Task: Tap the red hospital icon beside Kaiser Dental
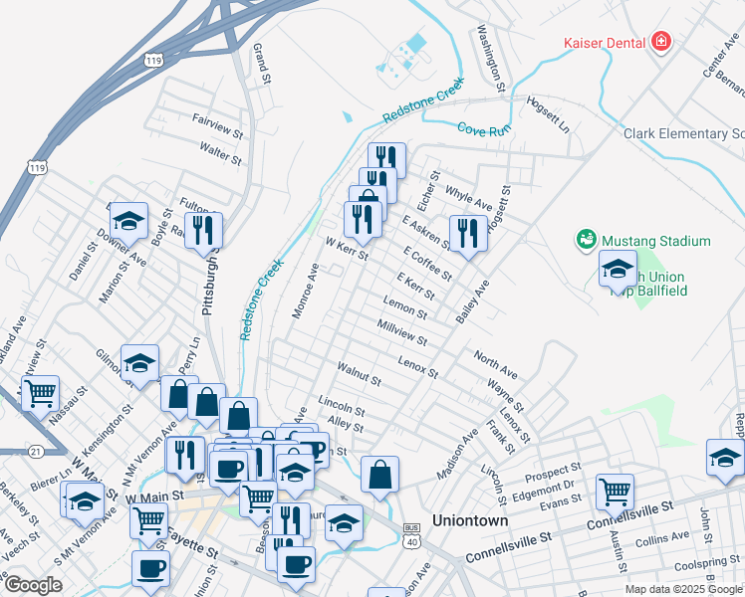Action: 661,42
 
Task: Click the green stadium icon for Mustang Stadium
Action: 585,240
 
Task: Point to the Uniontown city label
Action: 470,519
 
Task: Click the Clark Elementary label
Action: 683,133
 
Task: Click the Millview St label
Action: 402,332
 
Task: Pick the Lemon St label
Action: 404,306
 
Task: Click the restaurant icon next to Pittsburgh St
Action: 203,232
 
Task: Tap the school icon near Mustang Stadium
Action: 618,269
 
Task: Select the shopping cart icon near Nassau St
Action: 40,394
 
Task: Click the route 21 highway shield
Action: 37,451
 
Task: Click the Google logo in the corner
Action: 33,585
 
